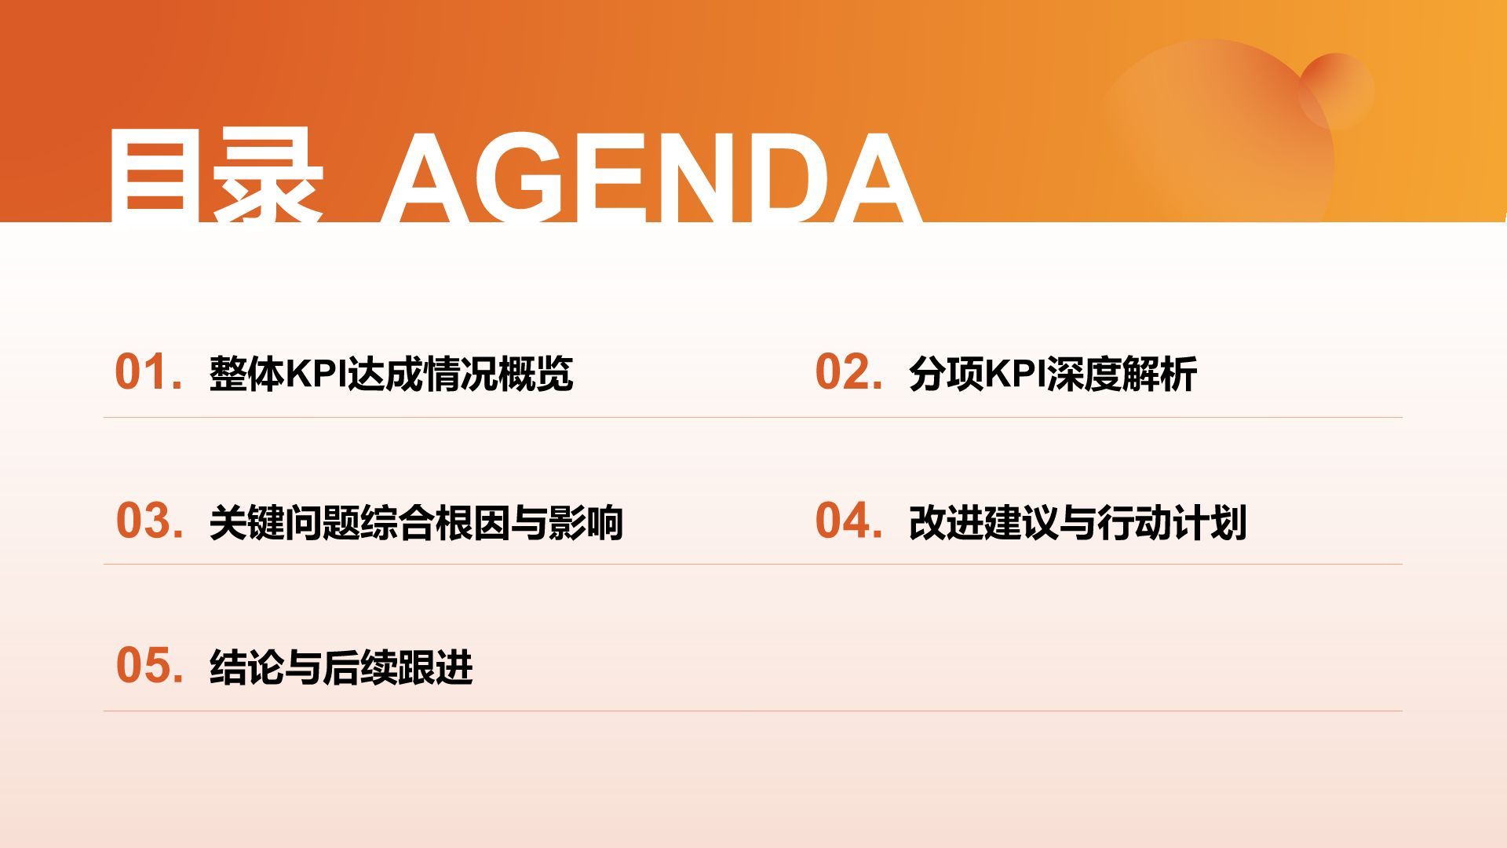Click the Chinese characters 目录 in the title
[x=215, y=177]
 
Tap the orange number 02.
[x=848, y=372]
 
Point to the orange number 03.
[x=150, y=521]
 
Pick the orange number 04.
[x=848, y=521]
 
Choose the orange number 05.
[x=150, y=666]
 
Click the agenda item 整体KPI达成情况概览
[x=391, y=374]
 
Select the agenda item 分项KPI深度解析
[x=1053, y=374]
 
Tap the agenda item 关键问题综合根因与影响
[x=416, y=522]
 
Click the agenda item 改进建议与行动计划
[x=1078, y=522]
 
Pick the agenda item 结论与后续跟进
[x=341, y=667]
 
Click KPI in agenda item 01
[x=316, y=374]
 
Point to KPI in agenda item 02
[x=1015, y=374]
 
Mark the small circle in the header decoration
[x=1336, y=90]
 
